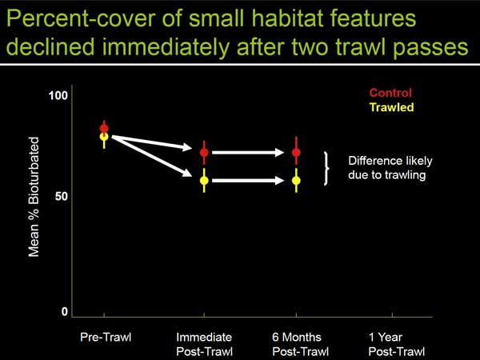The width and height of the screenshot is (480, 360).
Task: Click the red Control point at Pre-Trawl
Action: [104, 128]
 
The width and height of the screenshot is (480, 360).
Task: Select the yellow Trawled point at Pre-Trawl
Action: [104, 137]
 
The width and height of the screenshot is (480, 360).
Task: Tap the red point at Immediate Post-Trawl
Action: [204, 153]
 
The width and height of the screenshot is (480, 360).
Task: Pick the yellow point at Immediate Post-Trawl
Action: [204, 181]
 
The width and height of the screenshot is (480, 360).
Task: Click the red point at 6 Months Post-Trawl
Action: [296, 153]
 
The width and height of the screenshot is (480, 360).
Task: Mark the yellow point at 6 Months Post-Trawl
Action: [296, 181]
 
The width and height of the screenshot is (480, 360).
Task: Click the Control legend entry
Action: [390, 93]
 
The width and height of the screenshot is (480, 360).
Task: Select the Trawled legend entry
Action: [391, 107]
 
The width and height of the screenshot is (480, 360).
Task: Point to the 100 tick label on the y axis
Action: [58, 95]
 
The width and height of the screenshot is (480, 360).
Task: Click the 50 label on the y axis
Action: [62, 196]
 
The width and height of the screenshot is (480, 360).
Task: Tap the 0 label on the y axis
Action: [64, 312]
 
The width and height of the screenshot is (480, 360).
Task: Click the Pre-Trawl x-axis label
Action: [106, 337]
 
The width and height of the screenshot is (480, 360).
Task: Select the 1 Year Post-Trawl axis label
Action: [397, 344]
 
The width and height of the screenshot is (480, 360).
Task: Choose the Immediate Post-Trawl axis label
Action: [205, 344]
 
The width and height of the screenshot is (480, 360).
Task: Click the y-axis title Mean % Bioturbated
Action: [34, 197]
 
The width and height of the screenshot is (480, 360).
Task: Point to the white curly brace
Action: [326, 168]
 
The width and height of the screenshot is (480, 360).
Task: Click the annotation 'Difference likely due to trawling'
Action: [390, 168]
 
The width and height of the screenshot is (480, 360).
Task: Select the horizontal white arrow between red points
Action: [248, 153]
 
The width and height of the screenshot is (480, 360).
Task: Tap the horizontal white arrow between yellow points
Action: [248, 181]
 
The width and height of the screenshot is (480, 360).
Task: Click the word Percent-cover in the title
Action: [82, 19]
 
